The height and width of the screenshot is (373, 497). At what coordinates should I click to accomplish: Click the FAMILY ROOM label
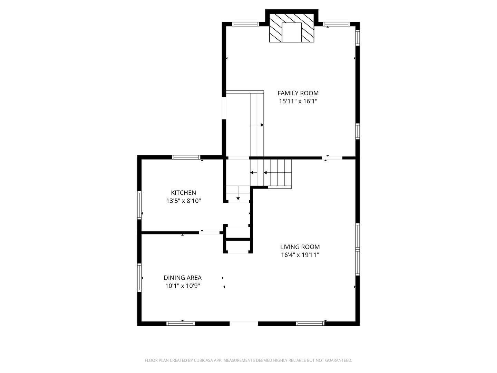pyautogui.click(x=298, y=93)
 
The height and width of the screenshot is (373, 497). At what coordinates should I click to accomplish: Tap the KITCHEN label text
pyautogui.click(x=183, y=193)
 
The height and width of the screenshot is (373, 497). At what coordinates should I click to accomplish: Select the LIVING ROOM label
pyautogui.click(x=300, y=247)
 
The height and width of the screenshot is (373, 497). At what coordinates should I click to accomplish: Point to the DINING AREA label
pyautogui.click(x=183, y=278)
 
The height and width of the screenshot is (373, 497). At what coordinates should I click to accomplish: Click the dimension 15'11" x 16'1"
pyautogui.click(x=298, y=101)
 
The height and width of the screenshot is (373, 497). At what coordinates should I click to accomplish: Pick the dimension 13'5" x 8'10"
pyautogui.click(x=183, y=201)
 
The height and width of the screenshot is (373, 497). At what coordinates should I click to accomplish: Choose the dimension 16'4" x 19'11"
pyautogui.click(x=300, y=255)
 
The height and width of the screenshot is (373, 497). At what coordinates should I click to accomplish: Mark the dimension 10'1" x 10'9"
pyautogui.click(x=183, y=286)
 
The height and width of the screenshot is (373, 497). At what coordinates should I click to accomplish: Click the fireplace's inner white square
pyautogui.click(x=291, y=32)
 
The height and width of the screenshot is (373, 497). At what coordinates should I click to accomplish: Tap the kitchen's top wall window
pyautogui.click(x=186, y=157)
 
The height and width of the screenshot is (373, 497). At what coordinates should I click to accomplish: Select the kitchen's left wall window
pyautogui.click(x=139, y=205)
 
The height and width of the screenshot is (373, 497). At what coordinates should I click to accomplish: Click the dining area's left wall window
pyautogui.click(x=139, y=278)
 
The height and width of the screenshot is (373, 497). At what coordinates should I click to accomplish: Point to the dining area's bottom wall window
pyautogui.click(x=181, y=323)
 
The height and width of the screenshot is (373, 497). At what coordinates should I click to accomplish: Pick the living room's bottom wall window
pyautogui.click(x=310, y=323)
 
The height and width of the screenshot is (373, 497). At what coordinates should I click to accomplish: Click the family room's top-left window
pyautogui.click(x=245, y=24)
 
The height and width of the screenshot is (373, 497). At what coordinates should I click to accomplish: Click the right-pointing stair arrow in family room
pyautogui.click(x=257, y=125)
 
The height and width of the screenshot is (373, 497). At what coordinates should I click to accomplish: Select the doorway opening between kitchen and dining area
pyautogui.click(x=209, y=232)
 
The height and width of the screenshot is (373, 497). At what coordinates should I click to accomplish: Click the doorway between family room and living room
pyautogui.click(x=332, y=158)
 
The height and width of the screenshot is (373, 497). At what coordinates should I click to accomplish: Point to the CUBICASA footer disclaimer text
pyautogui.click(x=248, y=360)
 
